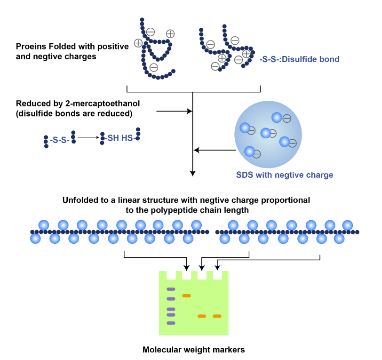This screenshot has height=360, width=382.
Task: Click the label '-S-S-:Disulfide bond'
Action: pos(299,60)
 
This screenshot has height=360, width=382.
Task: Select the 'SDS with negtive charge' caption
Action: pos(284,175)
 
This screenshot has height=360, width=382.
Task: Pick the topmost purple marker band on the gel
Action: pos(171,289)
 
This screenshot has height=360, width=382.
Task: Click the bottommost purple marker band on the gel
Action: pos(171,323)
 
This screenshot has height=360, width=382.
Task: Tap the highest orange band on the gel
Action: pos(186,296)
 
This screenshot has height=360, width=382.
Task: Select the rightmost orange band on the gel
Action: pos(217,316)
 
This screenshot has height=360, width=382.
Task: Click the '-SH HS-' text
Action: pos(119,137)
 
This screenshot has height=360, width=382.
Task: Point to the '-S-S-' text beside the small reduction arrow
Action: pos(59,140)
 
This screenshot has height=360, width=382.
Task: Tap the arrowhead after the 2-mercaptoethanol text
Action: pos(191,112)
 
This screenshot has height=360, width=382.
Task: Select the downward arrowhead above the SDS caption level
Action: pos(192,173)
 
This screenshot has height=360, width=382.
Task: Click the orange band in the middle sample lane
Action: pos(202,316)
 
